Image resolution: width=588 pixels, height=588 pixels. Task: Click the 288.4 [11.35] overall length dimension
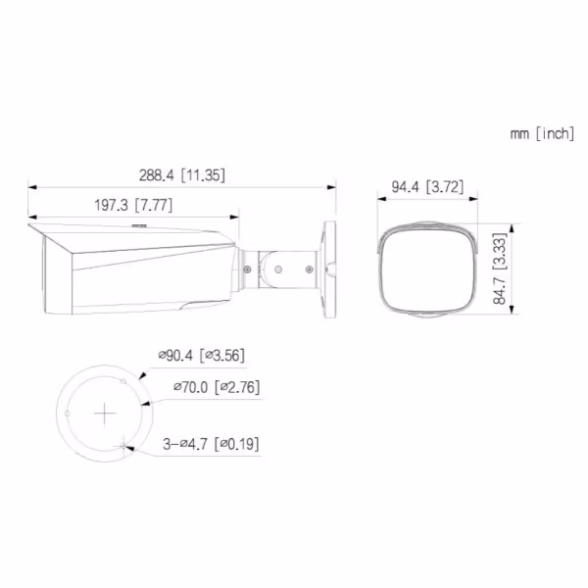[182, 175]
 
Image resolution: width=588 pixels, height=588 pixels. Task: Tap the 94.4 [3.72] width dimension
[427, 186]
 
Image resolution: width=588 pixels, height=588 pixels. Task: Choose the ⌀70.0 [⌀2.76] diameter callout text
[216, 387]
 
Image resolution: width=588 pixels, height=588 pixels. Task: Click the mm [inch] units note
[542, 133]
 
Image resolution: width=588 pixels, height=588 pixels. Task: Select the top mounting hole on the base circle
[122, 379]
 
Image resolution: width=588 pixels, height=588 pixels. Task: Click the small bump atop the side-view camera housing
[138, 224]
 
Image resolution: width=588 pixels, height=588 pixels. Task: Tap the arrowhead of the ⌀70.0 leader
[143, 401]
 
